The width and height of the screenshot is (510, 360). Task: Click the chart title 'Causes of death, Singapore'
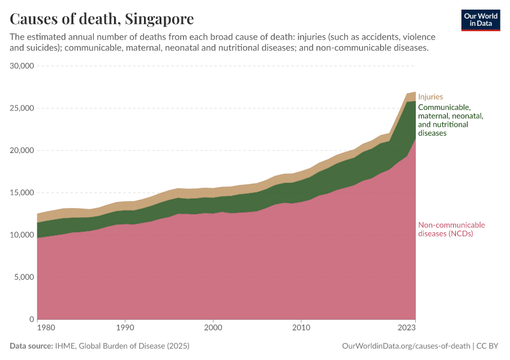click(102, 19)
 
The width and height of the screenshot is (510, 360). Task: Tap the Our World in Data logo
click(481, 20)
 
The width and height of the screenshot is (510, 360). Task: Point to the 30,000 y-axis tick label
click(22, 66)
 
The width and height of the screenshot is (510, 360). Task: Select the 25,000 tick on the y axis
click(22, 108)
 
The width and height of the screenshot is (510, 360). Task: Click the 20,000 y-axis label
click(22, 151)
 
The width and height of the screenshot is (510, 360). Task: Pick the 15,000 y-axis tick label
click(22, 193)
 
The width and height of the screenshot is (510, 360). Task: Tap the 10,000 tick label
click(22, 235)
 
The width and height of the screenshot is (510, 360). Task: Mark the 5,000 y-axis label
click(24, 277)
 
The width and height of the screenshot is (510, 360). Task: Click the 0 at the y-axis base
click(31, 320)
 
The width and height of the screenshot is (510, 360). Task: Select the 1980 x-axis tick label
click(38, 328)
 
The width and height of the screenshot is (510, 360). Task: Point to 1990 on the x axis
click(125, 328)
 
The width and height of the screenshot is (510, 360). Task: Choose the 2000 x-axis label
click(213, 328)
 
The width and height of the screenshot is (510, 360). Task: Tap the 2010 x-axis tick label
click(301, 328)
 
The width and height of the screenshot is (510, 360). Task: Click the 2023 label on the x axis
click(407, 328)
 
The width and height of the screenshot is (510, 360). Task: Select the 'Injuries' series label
click(430, 97)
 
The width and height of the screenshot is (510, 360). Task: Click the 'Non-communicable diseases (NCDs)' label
click(451, 230)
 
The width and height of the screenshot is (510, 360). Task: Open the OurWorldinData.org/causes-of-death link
click(406, 346)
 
